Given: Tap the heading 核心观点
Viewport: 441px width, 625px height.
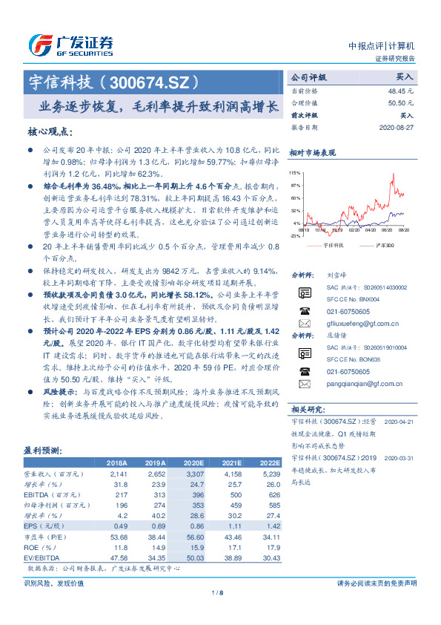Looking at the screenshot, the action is coord(50,131).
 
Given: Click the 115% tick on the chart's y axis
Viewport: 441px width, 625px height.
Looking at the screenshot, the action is coord(296,172).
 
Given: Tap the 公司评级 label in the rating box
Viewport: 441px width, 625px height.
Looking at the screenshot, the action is coord(308,76).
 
